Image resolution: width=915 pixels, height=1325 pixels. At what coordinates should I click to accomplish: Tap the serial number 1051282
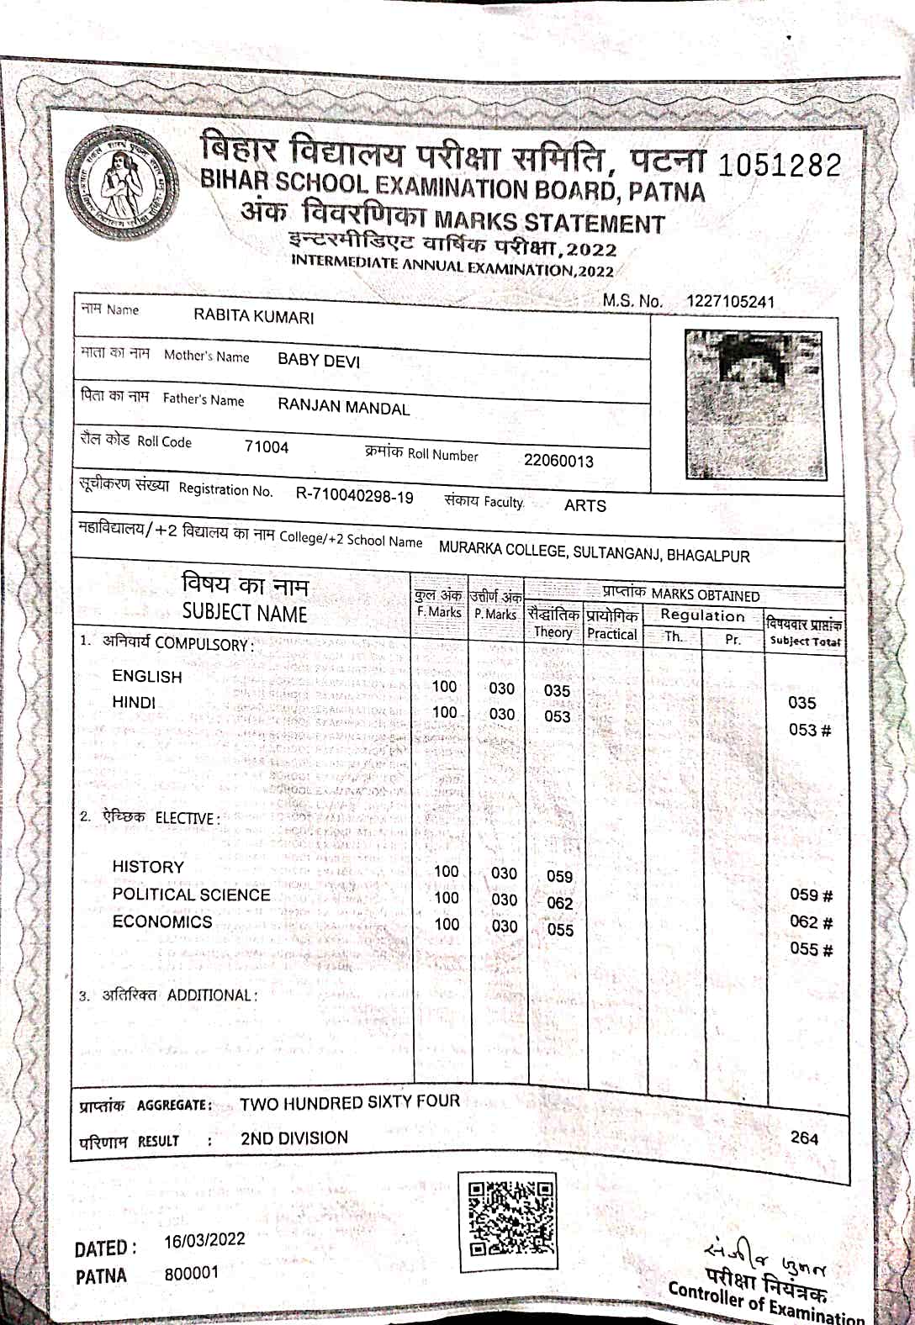pos(779,165)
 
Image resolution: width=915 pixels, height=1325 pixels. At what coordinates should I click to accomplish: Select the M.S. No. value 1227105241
pos(730,302)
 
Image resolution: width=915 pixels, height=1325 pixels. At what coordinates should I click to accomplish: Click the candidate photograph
pos(754,404)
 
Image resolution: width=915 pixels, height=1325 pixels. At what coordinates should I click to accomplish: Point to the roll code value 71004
pos(266,447)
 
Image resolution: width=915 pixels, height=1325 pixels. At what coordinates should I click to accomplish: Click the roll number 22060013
pos(558,461)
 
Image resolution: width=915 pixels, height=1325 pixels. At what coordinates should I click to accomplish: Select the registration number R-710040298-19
pos(354,496)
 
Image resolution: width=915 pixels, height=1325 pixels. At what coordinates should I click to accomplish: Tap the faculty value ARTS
pos(584,505)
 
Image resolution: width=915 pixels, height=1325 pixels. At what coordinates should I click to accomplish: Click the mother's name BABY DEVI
pos(319,361)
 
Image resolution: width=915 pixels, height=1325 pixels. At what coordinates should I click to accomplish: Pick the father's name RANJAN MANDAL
pos(343,407)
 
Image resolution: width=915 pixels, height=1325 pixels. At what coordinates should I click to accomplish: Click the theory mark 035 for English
pos(557,691)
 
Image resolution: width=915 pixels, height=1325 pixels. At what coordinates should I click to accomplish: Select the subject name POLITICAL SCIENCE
pos(191,895)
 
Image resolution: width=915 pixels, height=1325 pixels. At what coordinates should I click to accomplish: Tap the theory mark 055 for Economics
pos(560,930)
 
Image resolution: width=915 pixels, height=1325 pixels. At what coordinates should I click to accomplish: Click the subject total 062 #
pos(811,922)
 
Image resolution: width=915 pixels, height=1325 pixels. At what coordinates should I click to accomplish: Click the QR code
pos(510,1219)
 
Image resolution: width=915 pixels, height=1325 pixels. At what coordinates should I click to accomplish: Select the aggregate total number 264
pos(804,1138)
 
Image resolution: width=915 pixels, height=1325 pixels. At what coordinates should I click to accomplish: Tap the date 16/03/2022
pos(204,1241)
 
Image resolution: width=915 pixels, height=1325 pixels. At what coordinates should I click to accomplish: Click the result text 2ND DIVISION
pos(294,1138)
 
